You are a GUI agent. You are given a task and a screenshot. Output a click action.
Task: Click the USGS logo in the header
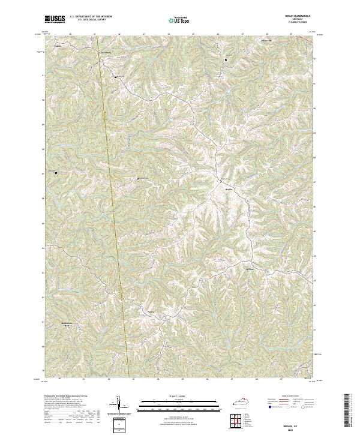pos(55,19)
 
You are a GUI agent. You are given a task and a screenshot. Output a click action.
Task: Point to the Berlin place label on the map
pos(228,188)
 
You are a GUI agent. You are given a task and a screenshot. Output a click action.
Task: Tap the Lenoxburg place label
pos(106,54)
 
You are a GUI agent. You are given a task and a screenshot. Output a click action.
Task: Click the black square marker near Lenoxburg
pos(115,77)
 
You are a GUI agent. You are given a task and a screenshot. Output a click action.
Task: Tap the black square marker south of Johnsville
pos(226,60)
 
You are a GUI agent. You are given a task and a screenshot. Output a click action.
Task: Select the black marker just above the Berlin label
pos(221,181)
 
